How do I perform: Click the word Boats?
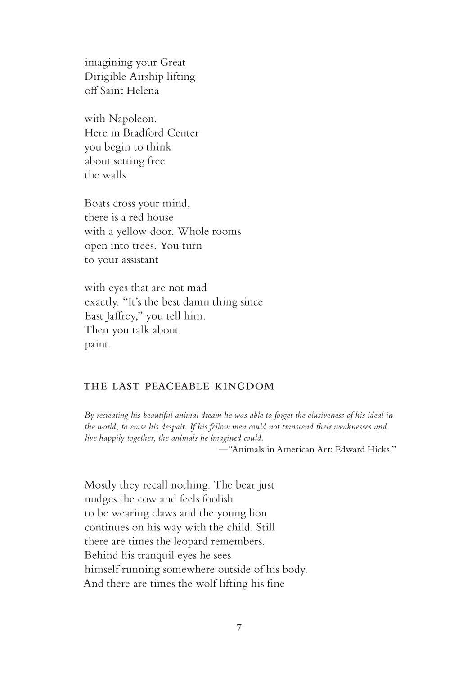point(97,203)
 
